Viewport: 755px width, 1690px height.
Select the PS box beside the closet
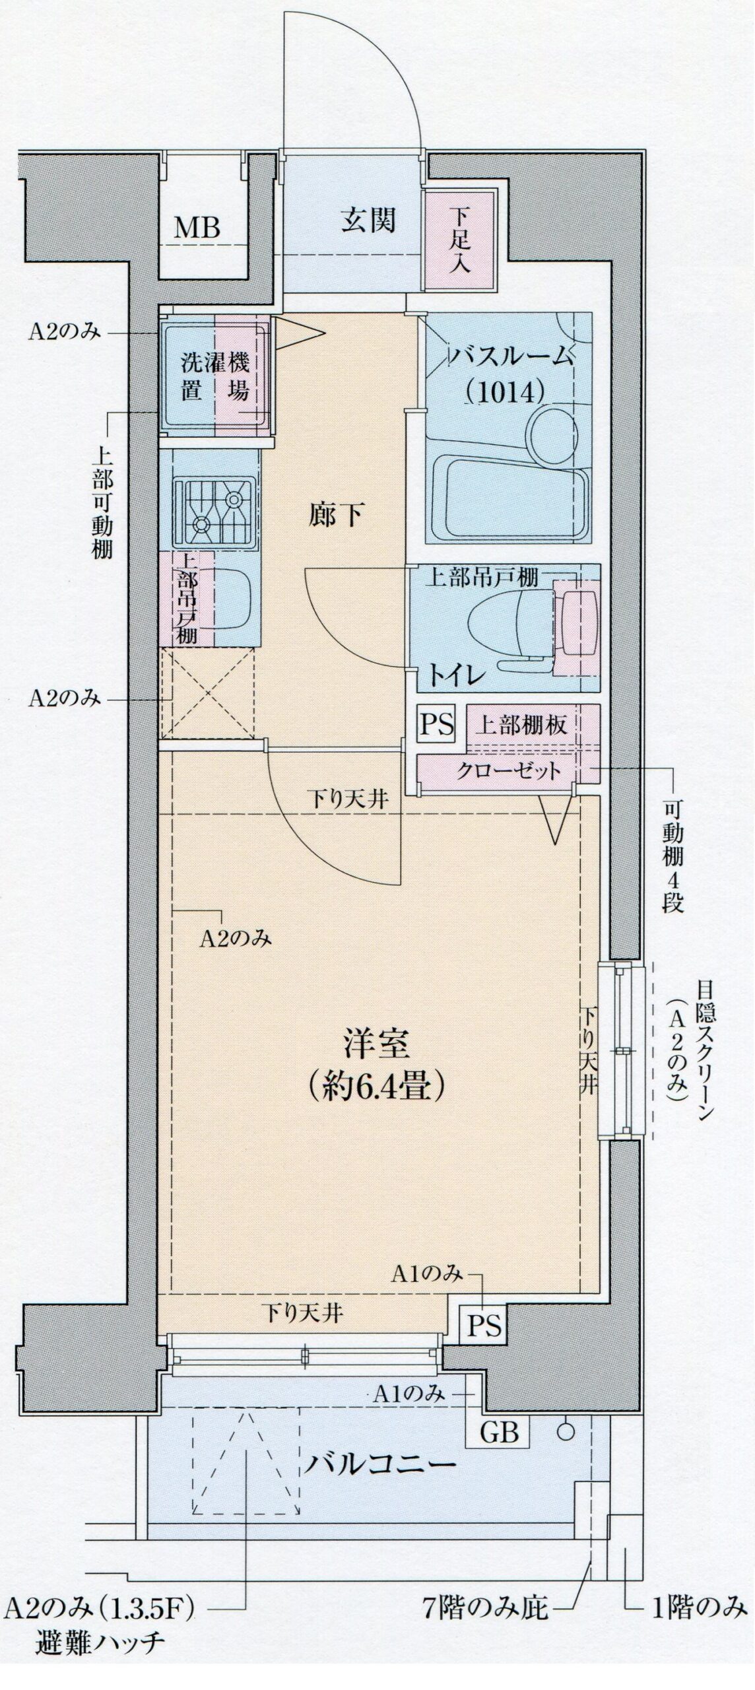point(437,725)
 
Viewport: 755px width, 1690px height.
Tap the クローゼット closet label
point(509,770)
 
